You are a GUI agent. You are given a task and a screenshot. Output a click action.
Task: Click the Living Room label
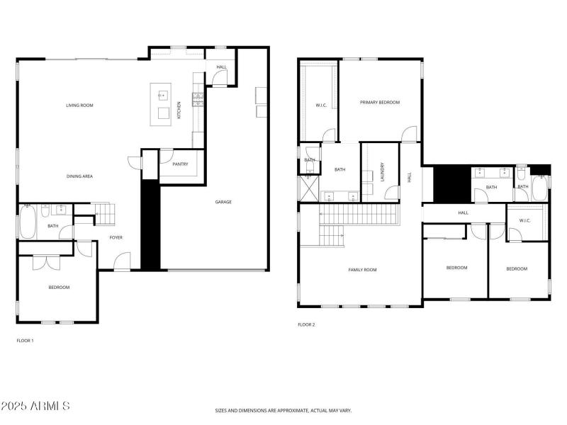pos(79,106)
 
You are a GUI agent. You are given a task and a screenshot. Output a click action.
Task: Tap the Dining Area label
pos(79,176)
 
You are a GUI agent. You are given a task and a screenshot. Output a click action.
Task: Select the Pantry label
pos(180,164)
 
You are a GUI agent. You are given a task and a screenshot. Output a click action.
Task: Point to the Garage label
pos(223,202)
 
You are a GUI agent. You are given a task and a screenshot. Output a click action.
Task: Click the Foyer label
pos(116,237)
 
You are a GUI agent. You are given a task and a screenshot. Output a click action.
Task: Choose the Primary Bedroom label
pos(380,102)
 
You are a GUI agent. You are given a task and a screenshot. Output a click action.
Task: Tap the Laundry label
pos(383,172)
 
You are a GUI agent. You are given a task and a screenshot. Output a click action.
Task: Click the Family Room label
pos(362,270)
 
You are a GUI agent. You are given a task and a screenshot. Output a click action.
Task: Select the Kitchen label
pos(179,110)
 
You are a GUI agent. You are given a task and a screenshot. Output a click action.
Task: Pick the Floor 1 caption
pos(25,341)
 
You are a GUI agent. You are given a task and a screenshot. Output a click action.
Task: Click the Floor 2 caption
pos(306,324)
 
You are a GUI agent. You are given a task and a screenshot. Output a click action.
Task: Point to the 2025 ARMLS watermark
pos(35,406)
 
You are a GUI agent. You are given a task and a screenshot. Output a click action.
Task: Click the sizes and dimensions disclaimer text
pos(283,411)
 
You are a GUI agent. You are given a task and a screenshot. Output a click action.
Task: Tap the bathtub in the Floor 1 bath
pos(28,222)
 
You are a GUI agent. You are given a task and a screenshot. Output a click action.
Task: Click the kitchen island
pos(161,104)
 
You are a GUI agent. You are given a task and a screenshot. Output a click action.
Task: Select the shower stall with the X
pos(308,188)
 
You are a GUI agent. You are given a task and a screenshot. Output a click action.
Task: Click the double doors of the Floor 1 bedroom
pos(46,263)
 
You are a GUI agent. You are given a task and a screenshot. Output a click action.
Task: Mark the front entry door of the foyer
pos(122,261)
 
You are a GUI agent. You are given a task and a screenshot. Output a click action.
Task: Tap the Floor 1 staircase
pos(105,215)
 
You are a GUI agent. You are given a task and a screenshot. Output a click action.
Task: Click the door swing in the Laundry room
pos(393,193)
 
